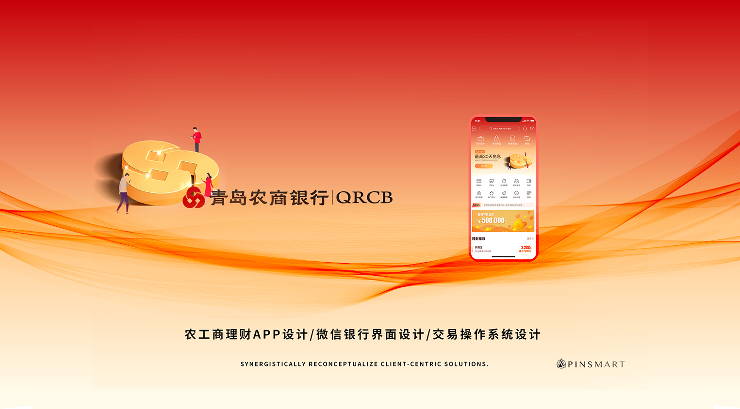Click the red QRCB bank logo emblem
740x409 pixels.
click(193, 198)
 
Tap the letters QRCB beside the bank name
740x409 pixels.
click(364, 198)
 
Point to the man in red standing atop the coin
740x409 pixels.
click(197, 139)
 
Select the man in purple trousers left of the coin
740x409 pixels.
click(124, 193)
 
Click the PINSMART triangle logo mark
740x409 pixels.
click(561, 363)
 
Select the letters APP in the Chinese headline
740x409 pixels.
click(267, 334)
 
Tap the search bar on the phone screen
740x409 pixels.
click(499, 128)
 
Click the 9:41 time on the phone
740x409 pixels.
click(478, 121)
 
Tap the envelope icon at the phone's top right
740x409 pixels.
click(532, 128)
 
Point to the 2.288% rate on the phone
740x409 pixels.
click(526, 248)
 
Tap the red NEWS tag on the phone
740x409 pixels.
click(476, 205)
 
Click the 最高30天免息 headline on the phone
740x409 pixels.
click(488, 157)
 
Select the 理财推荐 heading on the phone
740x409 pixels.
click(478, 239)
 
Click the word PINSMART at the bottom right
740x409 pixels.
click(596, 364)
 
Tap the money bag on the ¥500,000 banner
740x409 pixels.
click(518, 223)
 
